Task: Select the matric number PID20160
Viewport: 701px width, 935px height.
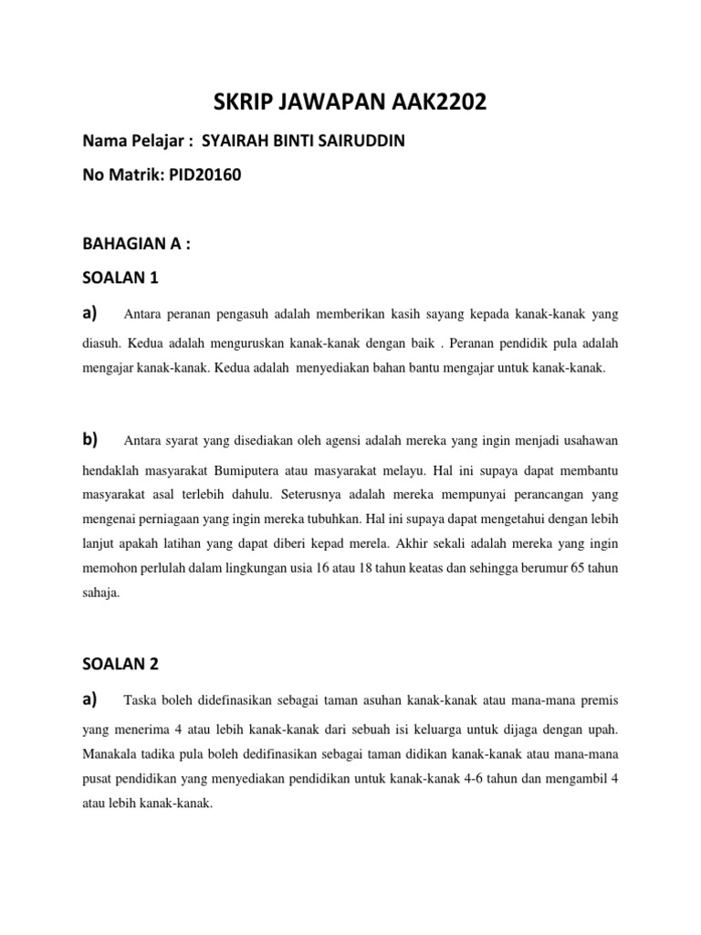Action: click(203, 175)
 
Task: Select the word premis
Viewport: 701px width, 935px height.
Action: click(596, 701)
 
